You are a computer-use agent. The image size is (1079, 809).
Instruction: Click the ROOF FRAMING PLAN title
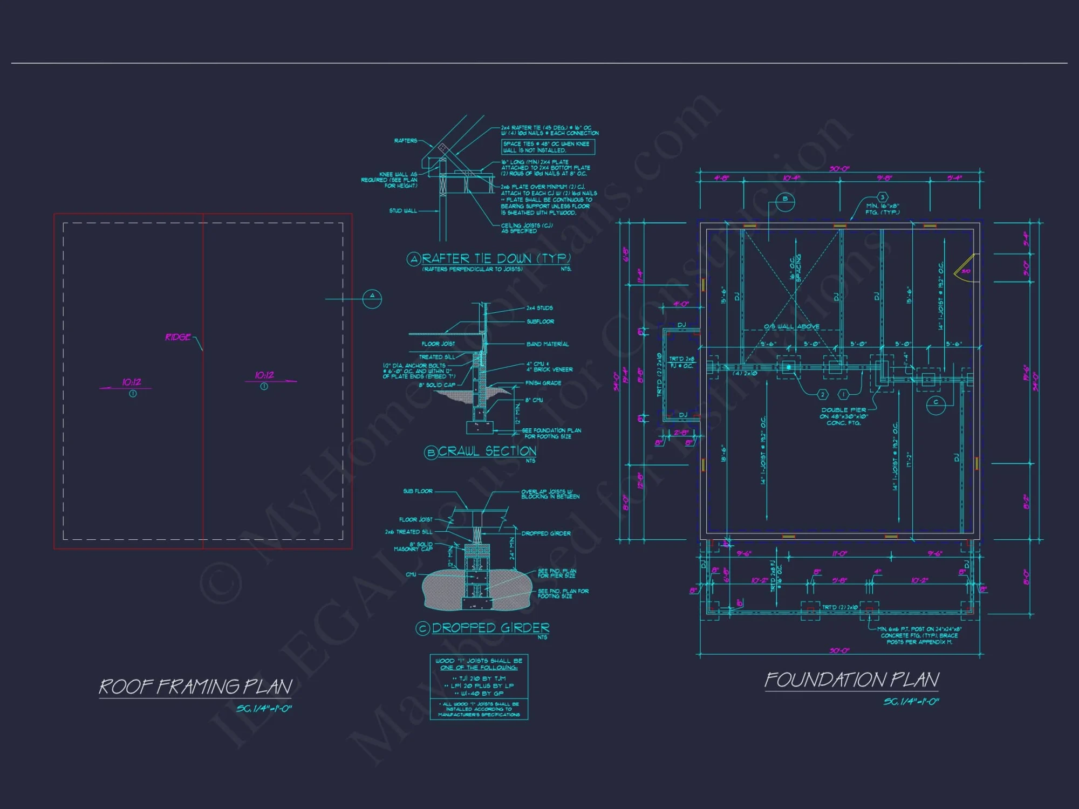195,687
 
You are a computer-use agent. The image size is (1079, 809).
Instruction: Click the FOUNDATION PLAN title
852,680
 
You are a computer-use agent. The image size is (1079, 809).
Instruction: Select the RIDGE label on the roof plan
178,337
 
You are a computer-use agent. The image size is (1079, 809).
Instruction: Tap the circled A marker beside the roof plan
372,298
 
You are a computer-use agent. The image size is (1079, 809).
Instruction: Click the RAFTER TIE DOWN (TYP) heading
496,259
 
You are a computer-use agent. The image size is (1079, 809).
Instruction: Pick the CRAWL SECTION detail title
487,451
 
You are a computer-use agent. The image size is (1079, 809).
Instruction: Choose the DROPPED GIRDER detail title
490,628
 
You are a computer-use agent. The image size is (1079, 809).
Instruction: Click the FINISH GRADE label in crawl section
543,383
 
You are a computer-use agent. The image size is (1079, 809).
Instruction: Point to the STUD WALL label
403,211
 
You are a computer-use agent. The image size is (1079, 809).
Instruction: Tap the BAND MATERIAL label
547,344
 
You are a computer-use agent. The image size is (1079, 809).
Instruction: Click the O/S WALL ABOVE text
791,326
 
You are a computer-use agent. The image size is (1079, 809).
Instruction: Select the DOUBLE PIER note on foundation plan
844,416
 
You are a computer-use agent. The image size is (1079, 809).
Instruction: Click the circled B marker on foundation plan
785,199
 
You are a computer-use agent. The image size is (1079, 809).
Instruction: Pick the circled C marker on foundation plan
935,402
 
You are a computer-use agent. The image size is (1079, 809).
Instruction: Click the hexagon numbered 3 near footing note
883,197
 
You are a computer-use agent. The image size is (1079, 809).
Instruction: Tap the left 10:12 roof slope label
131,382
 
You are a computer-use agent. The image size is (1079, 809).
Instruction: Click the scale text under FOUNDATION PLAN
911,702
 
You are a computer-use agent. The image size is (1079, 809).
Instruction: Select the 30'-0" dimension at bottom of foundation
839,650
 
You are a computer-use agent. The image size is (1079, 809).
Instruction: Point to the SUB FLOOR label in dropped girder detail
418,491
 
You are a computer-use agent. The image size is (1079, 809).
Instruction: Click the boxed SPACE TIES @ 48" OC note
548,147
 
